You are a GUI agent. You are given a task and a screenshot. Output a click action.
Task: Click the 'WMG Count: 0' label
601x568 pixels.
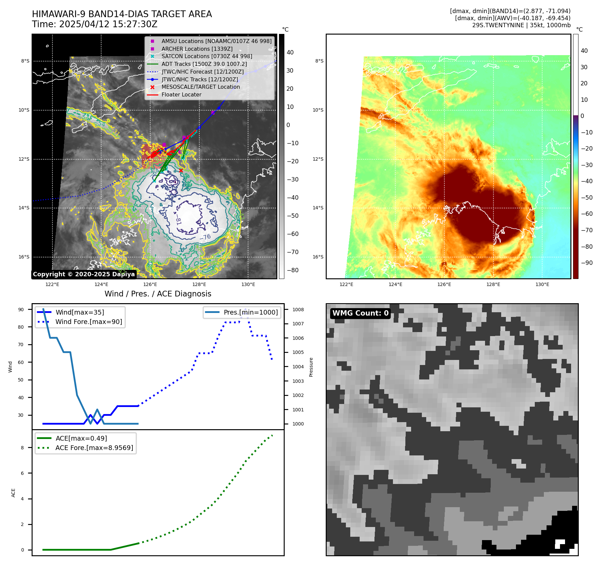coord(360,313)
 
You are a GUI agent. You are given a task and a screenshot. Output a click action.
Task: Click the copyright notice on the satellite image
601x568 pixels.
coord(84,274)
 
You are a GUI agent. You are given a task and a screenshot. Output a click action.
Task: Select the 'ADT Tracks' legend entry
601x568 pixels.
coord(204,64)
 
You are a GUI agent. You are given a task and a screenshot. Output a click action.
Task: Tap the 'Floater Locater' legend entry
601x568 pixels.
coord(181,95)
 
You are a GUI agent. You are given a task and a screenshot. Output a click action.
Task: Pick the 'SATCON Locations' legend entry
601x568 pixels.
coord(207,56)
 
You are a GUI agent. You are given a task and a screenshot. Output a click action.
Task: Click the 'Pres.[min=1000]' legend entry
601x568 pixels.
coord(251,312)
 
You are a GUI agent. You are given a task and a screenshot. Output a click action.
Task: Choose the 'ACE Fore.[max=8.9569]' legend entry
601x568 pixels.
coord(94,448)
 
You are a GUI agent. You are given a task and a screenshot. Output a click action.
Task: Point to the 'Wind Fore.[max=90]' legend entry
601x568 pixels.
coord(89,322)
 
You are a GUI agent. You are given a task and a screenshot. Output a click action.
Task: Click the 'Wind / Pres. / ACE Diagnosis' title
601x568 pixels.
coord(158,294)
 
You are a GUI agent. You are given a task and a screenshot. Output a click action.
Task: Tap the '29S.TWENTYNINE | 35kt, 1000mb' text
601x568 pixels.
coord(521,25)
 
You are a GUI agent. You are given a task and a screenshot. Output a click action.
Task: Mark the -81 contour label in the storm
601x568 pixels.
coord(178,221)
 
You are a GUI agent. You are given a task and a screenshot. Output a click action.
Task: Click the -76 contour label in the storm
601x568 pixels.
coord(205,237)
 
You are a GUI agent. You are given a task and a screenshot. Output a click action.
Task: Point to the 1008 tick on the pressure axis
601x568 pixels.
coord(298,310)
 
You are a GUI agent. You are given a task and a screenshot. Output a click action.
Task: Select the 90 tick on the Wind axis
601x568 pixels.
coord(21,310)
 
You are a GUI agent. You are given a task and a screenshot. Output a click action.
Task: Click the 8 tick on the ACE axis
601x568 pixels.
coord(22,448)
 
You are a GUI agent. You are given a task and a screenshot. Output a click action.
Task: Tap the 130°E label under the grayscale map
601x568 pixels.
coord(248,285)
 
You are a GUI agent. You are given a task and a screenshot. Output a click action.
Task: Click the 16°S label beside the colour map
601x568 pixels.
coord(318,257)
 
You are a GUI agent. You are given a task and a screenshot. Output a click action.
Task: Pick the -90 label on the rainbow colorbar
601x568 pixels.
coord(587,263)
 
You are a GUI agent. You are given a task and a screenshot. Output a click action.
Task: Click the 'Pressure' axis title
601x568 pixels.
coord(311,367)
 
